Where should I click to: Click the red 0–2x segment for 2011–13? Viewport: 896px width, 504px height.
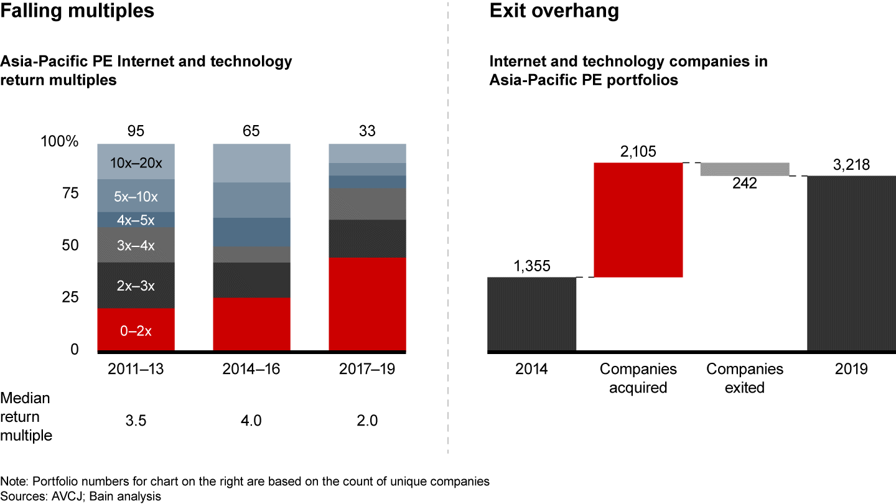pos(136,330)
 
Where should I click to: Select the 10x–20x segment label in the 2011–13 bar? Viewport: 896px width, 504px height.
pos(136,164)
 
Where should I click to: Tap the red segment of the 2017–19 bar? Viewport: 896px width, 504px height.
pos(367,304)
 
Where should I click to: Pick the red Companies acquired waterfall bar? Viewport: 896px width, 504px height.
pos(638,220)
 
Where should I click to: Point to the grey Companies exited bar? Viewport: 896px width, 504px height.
pos(745,169)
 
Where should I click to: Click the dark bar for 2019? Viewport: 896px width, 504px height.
pos(851,264)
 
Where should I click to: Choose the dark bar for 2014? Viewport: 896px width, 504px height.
pos(531,314)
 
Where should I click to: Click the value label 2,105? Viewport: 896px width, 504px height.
pos(638,152)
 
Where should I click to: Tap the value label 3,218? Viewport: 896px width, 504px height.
pos(851,165)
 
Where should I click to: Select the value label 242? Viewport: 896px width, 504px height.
pos(745,184)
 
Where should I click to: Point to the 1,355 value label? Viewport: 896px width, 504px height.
pos(531,266)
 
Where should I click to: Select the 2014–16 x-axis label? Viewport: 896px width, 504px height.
pos(251,369)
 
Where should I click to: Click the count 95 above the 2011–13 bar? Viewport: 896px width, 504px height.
pos(136,131)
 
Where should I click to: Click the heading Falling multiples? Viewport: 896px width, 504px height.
pos(77,11)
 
